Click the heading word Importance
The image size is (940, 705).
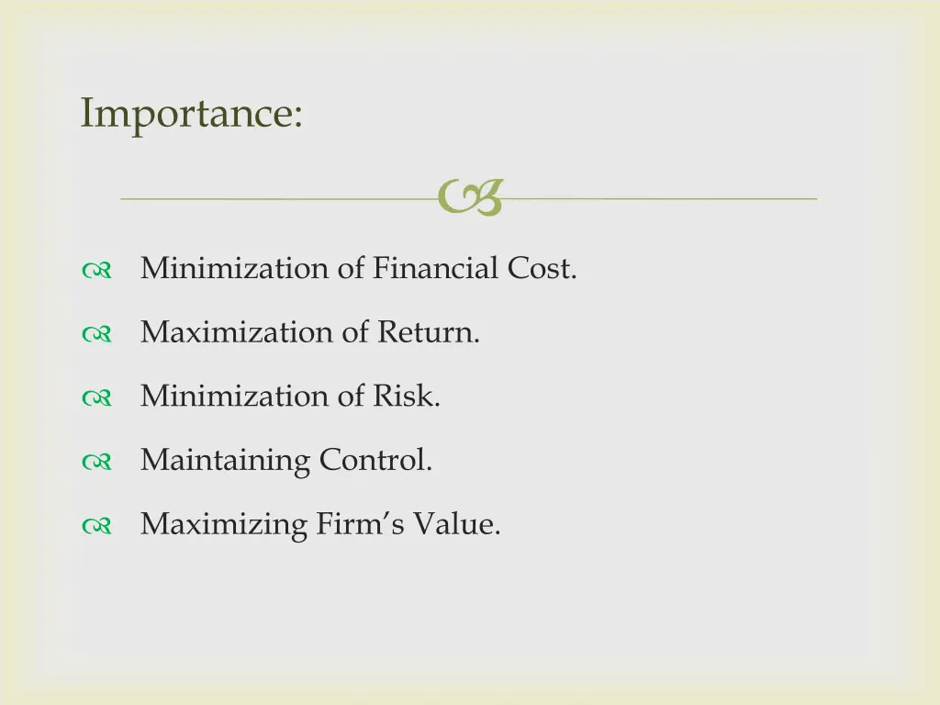click(x=191, y=114)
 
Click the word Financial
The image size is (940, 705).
click(x=436, y=268)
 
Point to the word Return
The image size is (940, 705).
click(x=428, y=332)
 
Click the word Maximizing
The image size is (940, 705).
click(x=224, y=525)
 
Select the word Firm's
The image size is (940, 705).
click(x=361, y=525)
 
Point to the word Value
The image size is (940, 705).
click(x=456, y=525)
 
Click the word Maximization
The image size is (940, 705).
click(x=236, y=332)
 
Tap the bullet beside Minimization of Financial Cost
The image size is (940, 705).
click(x=95, y=271)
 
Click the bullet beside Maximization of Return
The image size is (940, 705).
click(x=95, y=335)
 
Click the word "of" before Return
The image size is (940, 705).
click(x=354, y=332)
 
